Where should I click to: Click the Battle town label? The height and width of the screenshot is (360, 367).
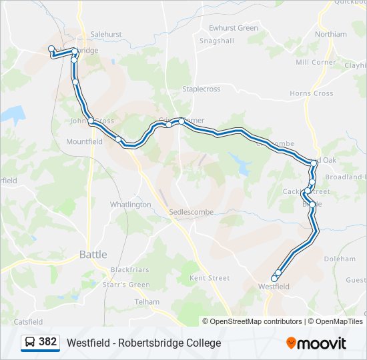pyautogui.click(x=93, y=254)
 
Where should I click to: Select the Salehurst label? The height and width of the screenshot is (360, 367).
pyautogui.click(x=106, y=34)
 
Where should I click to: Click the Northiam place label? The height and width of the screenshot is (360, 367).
pyautogui.click(x=331, y=34)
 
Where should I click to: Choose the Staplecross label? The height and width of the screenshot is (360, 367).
pyautogui.click(x=201, y=89)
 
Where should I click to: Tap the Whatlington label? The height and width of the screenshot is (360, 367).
pyautogui.click(x=130, y=205)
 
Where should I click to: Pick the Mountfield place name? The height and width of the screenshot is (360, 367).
pyautogui.click(x=84, y=141)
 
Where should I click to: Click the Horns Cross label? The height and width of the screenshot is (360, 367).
pyautogui.click(x=312, y=93)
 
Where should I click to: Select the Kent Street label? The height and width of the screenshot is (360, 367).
pyautogui.click(x=210, y=277)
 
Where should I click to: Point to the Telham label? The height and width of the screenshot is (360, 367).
pyautogui.click(x=146, y=301)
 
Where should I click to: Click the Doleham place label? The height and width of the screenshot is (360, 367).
pyautogui.click(x=340, y=259)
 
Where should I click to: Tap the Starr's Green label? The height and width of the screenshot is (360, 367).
pyautogui.click(x=130, y=285)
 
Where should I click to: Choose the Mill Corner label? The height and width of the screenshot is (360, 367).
pyautogui.click(x=316, y=62)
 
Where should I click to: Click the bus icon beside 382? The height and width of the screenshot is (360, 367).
pyautogui.click(x=30, y=343)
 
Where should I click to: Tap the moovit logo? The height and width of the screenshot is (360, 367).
pyautogui.click(x=316, y=343)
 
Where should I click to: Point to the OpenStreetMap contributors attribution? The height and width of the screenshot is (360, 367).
pyautogui.click(x=254, y=321)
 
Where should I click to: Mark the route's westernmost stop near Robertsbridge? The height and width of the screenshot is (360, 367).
pyautogui.click(x=51, y=49)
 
